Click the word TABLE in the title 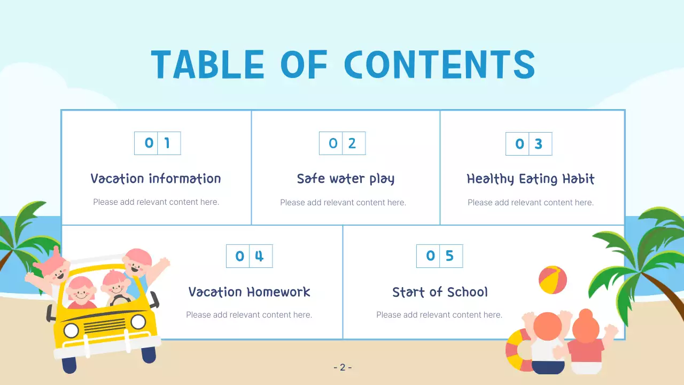pos(207,65)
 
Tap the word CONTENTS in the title pos(439,65)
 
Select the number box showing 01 pos(157,143)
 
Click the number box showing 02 pos(342,143)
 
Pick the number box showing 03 pos(528,144)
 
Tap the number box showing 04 pos(249,256)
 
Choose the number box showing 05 pos(439,256)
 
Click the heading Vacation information pos(156,179)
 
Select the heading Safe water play pos(346,179)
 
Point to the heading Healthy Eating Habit pos(530,179)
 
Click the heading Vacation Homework pos(249,292)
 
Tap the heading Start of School pos(440,292)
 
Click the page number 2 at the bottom pos(343,367)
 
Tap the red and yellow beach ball pos(553,280)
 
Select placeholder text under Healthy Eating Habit pos(530,203)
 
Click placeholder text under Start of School pos(439,315)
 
